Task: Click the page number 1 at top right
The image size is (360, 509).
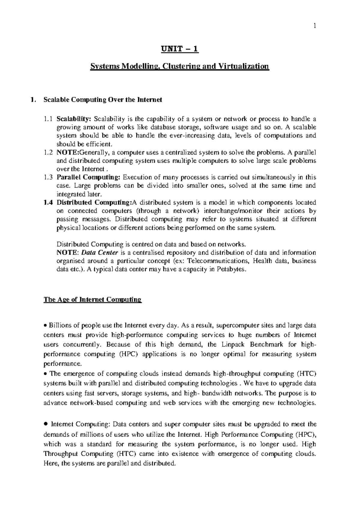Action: [x=314, y=26]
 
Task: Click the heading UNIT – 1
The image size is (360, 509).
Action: [x=180, y=49]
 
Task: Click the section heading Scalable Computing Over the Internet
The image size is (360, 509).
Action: [x=103, y=100]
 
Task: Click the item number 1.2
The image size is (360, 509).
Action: [x=48, y=152]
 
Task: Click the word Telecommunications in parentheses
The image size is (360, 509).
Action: [x=219, y=261]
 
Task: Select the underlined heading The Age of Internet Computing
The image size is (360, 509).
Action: [x=92, y=300]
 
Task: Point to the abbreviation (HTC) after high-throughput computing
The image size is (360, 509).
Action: [x=306, y=374]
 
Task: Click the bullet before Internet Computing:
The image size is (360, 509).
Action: [x=46, y=424]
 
